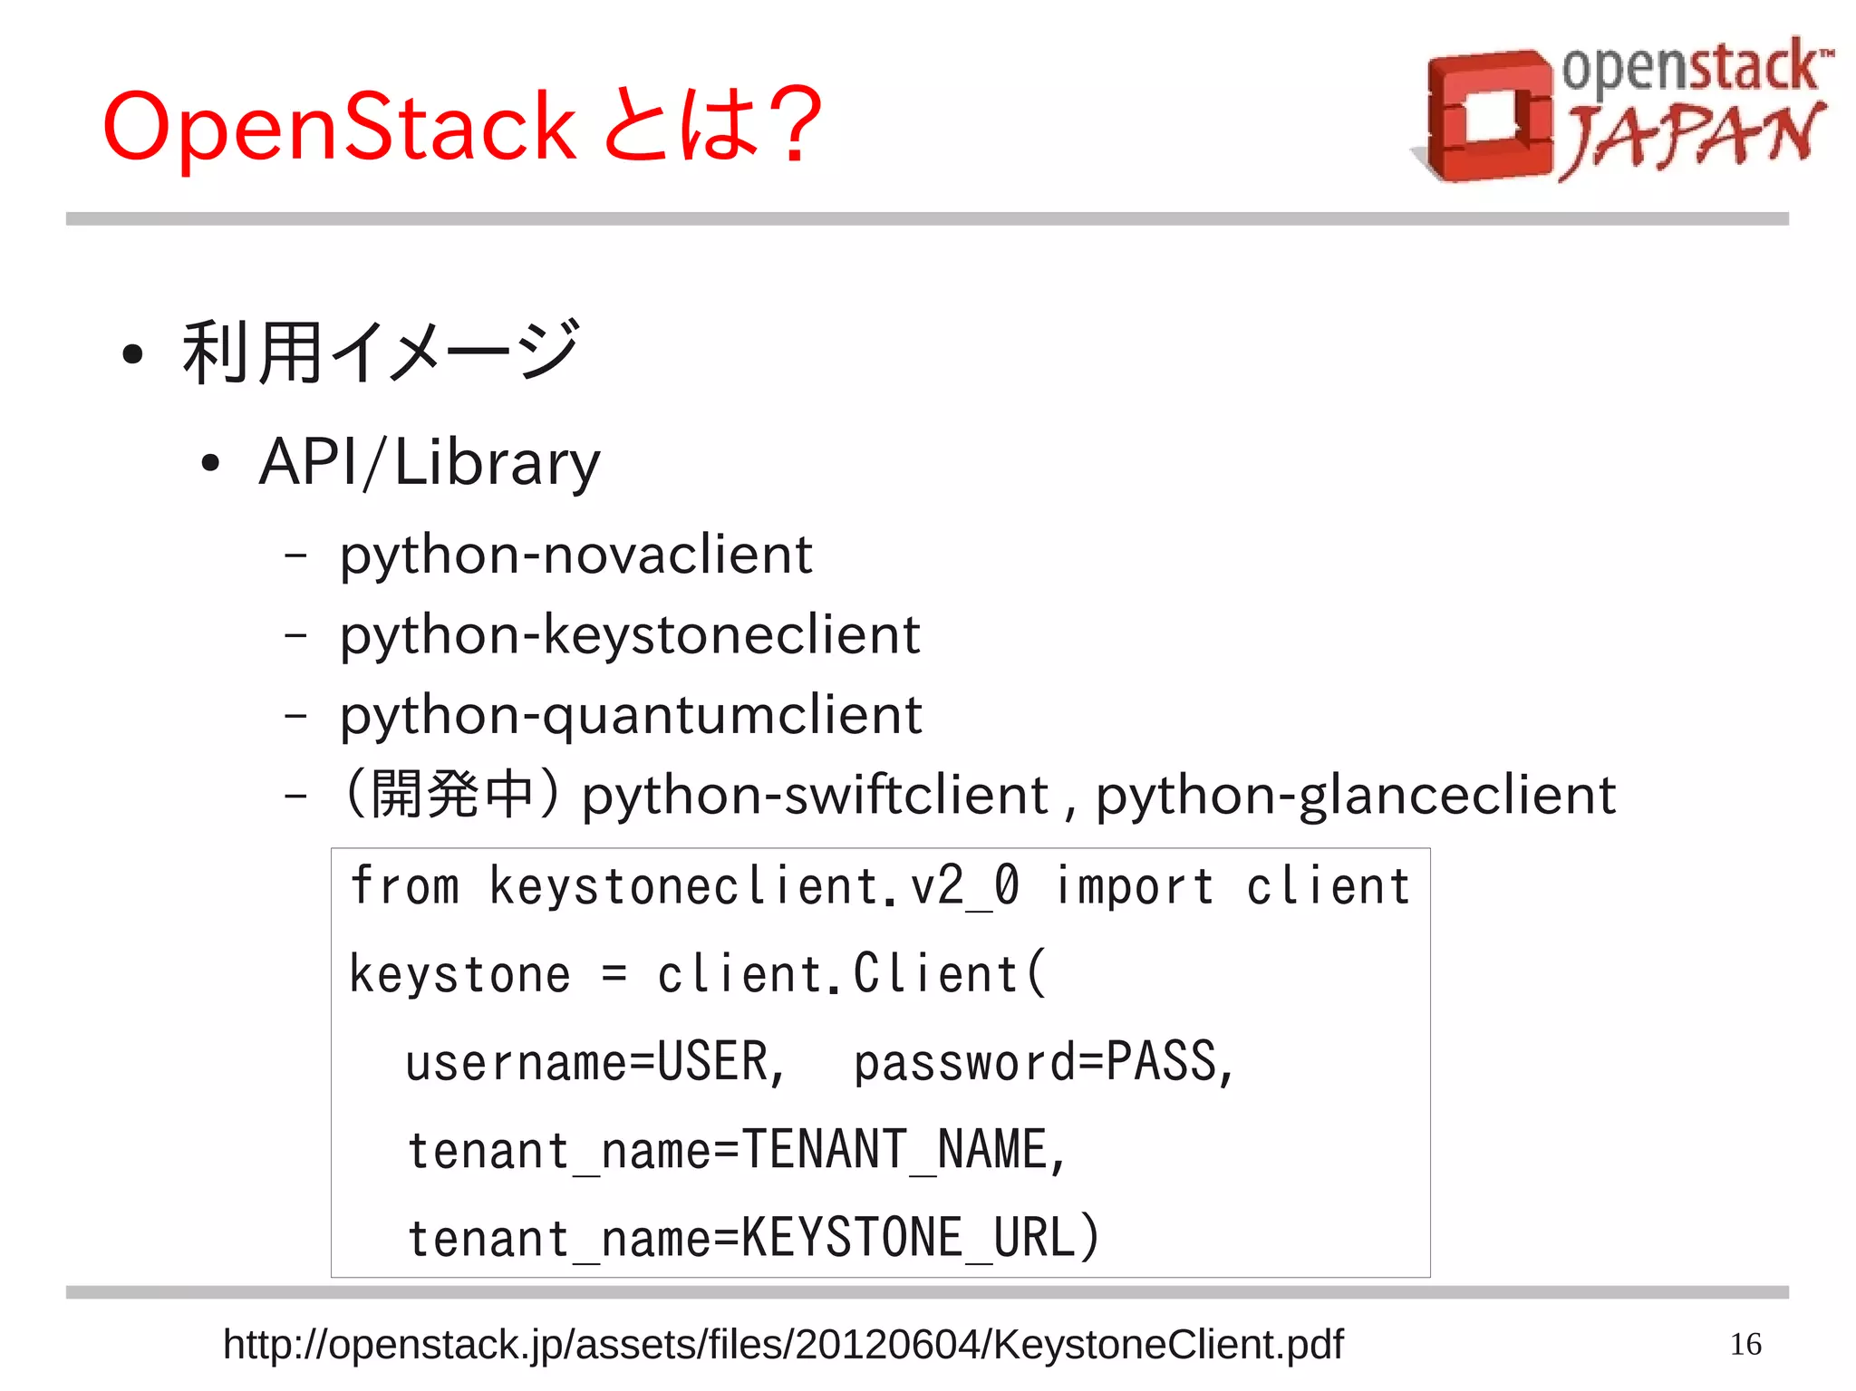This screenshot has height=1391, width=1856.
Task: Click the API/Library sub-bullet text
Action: point(430,462)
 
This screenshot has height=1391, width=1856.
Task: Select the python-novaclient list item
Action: point(576,555)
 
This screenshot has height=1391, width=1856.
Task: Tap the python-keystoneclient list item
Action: point(630,634)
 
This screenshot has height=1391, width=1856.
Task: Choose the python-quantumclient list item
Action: point(631,715)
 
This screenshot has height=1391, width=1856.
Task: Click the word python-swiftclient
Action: point(814,795)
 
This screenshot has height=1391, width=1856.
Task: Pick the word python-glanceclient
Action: point(1356,795)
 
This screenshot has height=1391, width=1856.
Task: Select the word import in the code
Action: point(1134,885)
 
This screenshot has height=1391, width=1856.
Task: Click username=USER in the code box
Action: point(594,1062)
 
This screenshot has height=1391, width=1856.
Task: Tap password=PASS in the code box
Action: point(1042,1062)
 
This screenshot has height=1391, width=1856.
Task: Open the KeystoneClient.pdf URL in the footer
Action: point(783,1344)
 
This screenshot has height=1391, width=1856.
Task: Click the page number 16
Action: point(1745,1344)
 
